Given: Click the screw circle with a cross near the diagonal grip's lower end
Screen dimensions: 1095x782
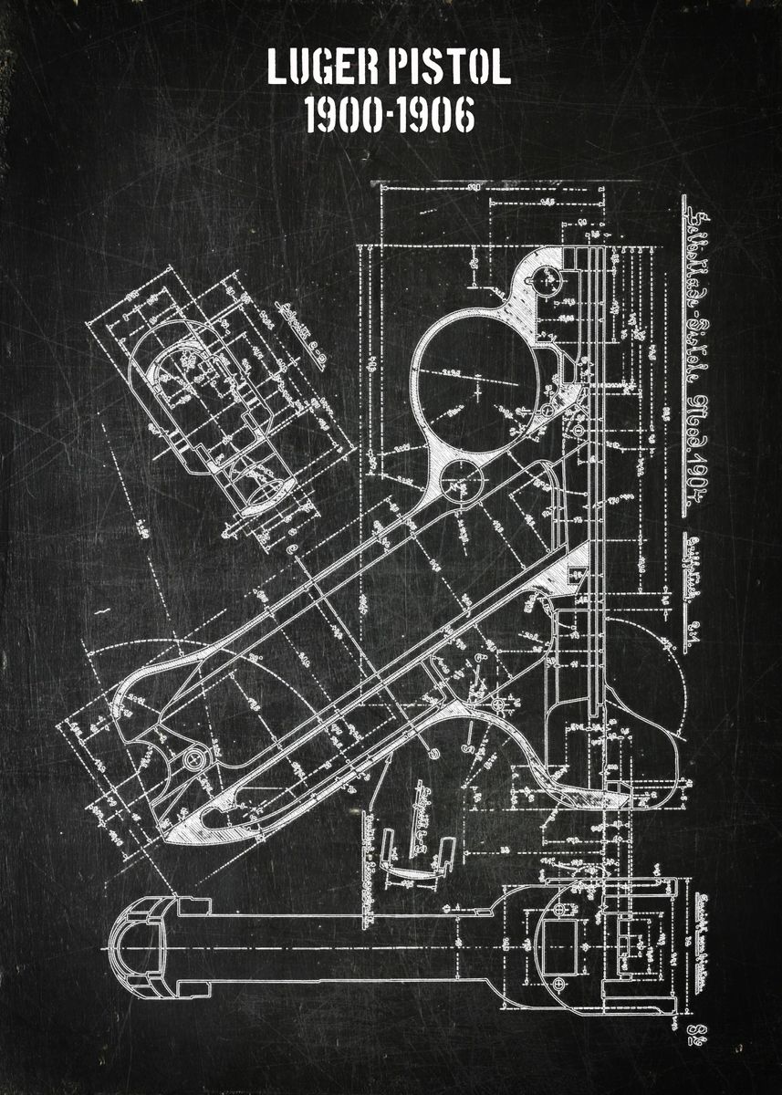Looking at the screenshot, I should (x=193, y=759).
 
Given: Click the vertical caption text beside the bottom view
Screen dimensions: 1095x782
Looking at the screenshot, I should (x=699, y=940).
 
